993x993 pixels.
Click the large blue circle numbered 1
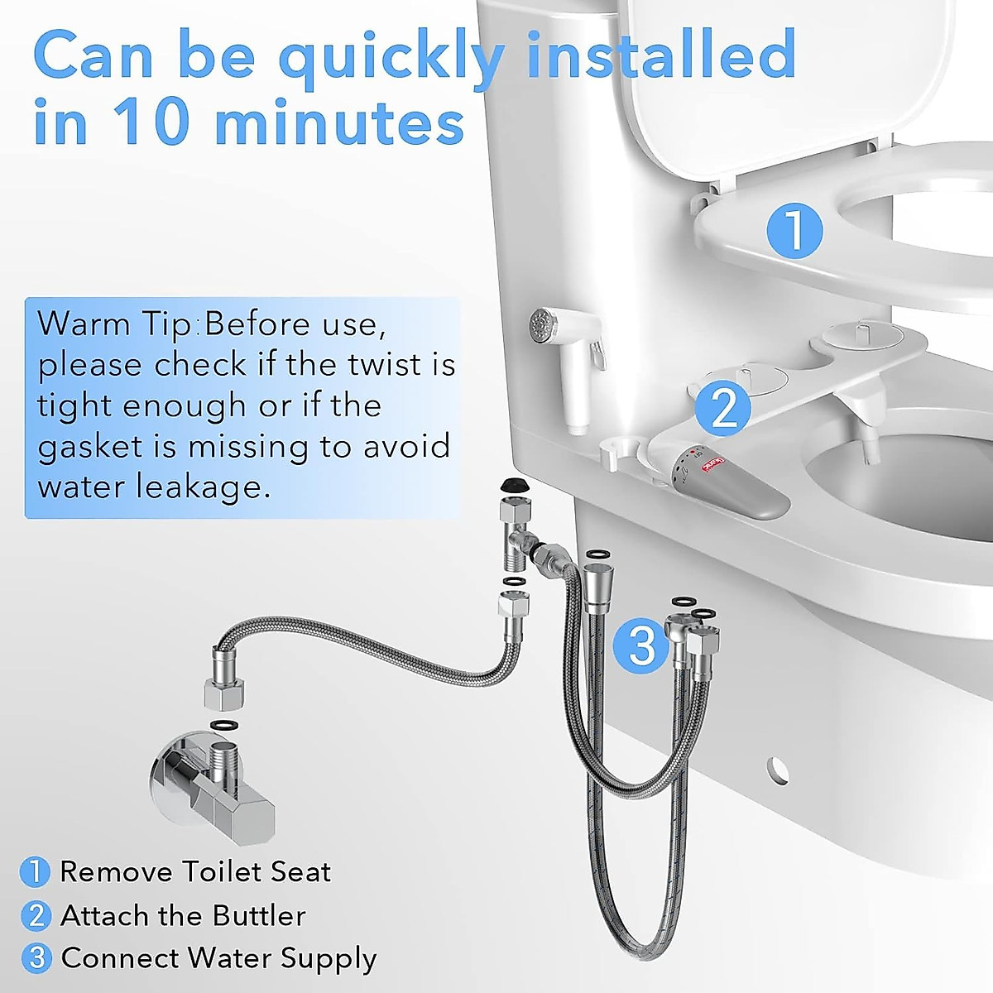tap(794, 229)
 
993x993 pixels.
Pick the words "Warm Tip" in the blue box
tap(114, 324)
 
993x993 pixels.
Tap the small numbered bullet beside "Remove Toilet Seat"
tap(35, 871)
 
